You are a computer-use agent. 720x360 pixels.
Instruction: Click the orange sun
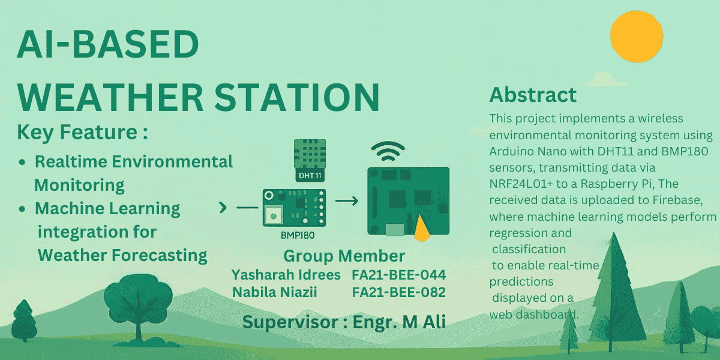[637, 37]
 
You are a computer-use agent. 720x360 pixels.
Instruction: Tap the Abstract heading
[533, 95]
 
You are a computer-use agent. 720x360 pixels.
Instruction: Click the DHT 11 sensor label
[310, 175]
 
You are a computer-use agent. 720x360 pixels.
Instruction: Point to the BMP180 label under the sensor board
[298, 235]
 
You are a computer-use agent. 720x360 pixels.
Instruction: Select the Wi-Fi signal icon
[388, 151]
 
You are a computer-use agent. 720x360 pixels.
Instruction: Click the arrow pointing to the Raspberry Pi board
[347, 201]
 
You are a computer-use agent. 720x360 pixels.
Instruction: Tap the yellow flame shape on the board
[422, 229]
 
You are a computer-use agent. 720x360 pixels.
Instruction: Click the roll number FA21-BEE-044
[399, 275]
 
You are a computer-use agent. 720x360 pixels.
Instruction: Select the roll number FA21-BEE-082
[399, 292]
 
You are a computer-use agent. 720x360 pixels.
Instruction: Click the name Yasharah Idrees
[286, 275]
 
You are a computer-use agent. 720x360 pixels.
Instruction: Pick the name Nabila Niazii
[275, 292]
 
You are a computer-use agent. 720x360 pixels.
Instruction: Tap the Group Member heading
[344, 256]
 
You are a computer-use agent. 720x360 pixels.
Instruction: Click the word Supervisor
[290, 322]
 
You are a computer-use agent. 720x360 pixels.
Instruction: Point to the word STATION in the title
[297, 97]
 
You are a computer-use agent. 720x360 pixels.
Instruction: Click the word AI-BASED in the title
[107, 44]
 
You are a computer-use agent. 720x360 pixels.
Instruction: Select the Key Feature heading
[82, 132]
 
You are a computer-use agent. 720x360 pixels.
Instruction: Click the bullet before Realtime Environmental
[22, 162]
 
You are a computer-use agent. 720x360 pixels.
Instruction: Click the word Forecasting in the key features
[160, 256]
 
